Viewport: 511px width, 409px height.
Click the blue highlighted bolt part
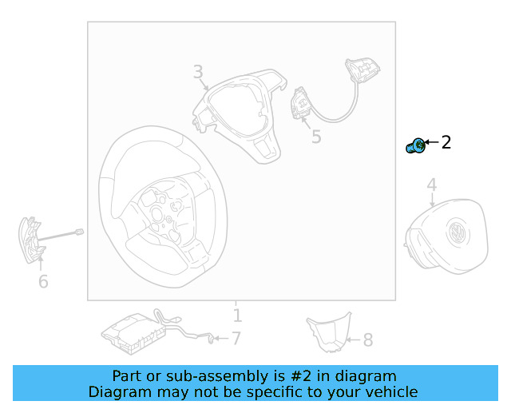[x=415, y=146]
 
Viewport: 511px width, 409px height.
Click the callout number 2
[x=446, y=143]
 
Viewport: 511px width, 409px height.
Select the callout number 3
[x=198, y=73]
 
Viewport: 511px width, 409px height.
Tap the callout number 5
[x=316, y=137]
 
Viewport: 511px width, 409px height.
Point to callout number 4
[x=431, y=186]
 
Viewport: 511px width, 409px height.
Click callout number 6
[x=43, y=281]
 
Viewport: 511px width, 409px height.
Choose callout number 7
[x=236, y=339]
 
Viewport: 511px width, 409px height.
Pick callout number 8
[x=367, y=341]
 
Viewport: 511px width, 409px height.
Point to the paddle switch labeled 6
[x=30, y=240]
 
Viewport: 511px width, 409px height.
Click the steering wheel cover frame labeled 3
[x=240, y=112]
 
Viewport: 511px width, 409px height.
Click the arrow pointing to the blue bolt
[x=432, y=144]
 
